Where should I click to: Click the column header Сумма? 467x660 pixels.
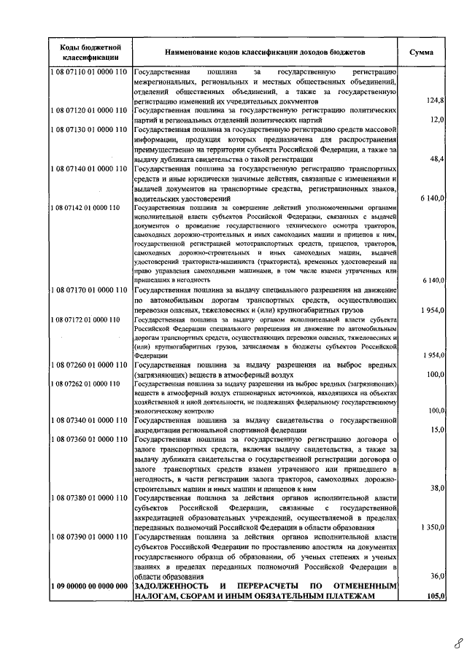(x=422, y=53)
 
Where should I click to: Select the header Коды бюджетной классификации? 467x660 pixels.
(x=90, y=53)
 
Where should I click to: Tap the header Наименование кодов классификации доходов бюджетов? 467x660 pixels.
(x=263, y=53)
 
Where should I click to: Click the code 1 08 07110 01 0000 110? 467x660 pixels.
(x=89, y=72)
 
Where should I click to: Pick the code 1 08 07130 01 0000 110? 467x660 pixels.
(x=89, y=129)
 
